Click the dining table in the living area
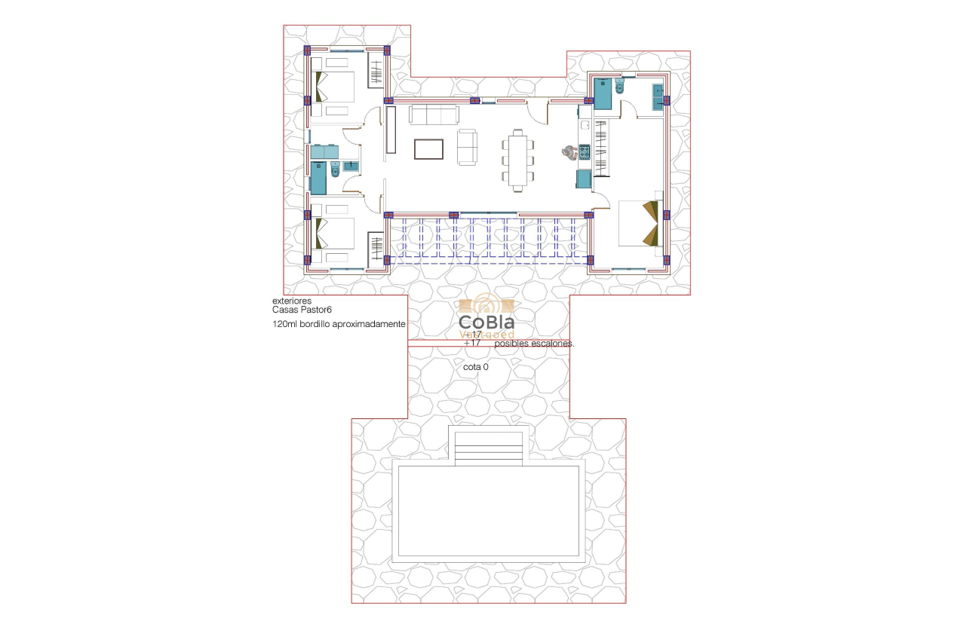(518, 158)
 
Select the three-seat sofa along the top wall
(434, 115)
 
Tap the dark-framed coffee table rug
(428, 148)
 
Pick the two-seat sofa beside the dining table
(468, 147)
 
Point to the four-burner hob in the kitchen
(584, 151)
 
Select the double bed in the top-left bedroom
(334, 87)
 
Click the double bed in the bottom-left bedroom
(334, 234)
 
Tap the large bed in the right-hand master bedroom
(640, 223)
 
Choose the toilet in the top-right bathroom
(620, 89)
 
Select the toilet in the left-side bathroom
(336, 172)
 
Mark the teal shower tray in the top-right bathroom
(603, 94)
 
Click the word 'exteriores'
(292, 301)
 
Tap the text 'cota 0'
(476, 367)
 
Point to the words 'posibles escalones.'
(534, 344)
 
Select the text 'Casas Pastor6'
(302, 310)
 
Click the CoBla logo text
(487, 323)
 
